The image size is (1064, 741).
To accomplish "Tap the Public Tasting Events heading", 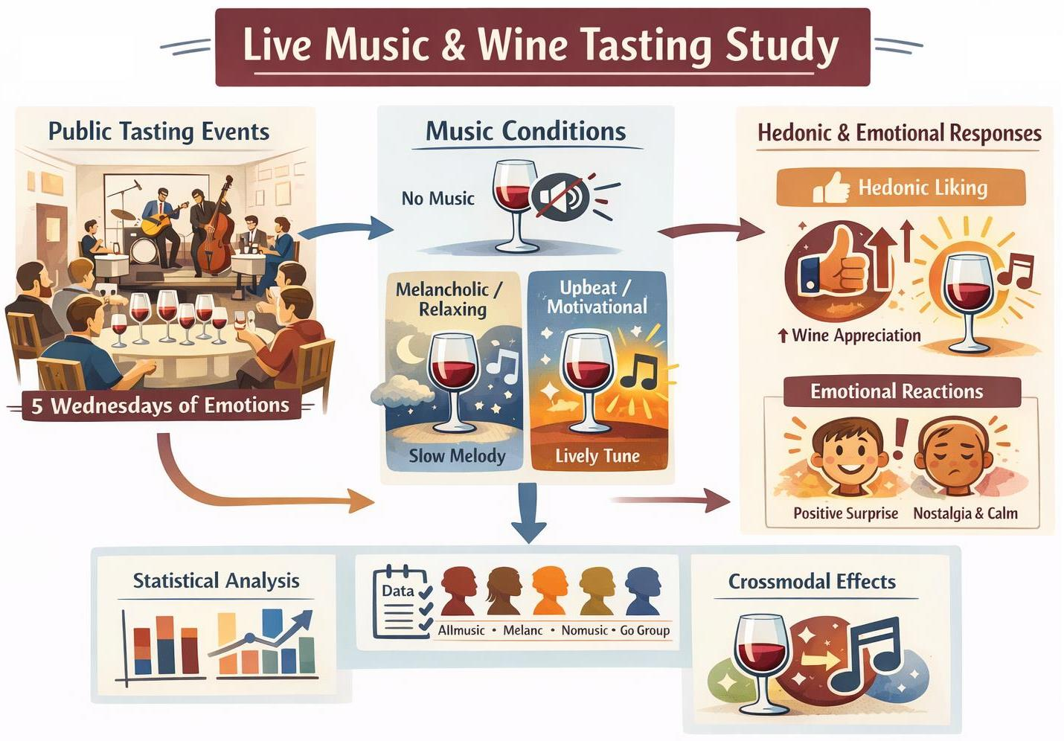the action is point(158,132).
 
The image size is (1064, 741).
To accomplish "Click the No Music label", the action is point(438,199).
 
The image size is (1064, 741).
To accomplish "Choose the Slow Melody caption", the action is point(457,456).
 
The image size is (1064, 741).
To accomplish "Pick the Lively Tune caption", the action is point(597,456).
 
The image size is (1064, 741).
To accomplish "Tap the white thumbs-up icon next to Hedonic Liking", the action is point(831,188).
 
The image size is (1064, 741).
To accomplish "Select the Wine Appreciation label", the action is point(855,336).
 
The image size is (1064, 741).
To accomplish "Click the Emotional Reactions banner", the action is point(896,391).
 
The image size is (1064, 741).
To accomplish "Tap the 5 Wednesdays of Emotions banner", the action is point(160,405).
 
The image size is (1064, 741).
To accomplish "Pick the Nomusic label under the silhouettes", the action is point(584,630).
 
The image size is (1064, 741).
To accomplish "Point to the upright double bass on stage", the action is point(216,227).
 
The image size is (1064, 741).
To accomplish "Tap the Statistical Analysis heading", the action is point(216,581).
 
